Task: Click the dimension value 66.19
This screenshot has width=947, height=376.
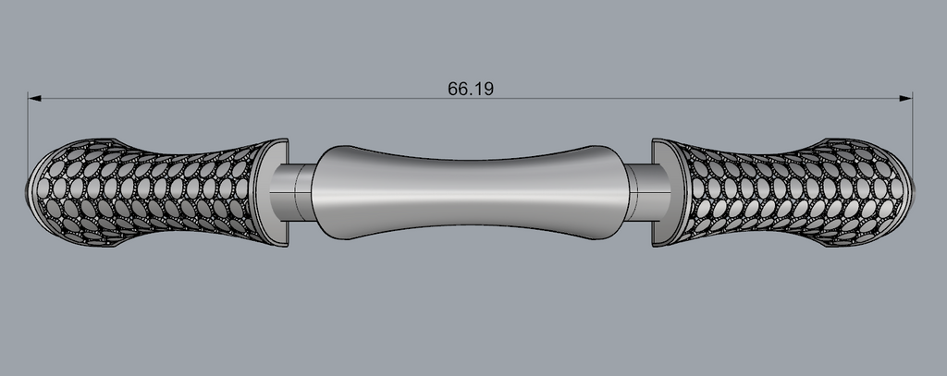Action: pyautogui.click(x=471, y=89)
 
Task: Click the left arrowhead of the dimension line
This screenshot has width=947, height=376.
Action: pyautogui.click(x=34, y=98)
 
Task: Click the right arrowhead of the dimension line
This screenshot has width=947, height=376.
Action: pyautogui.click(x=906, y=98)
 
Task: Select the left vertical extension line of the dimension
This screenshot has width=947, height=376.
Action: pyautogui.click(x=28, y=138)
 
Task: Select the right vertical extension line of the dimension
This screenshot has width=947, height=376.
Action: pyautogui.click(x=913, y=138)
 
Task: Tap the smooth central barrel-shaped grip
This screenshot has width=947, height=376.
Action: pyautogui.click(x=470, y=192)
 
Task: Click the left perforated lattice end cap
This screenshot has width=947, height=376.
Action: pyautogui.click(x=157, y=192)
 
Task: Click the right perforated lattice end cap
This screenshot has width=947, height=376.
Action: pyautogui.click(x=782, y=192)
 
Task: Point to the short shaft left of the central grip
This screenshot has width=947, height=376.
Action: pyautogui.click(x=291, y=192)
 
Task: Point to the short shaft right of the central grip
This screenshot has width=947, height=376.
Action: pyautogui.click(x=648, y=192)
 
